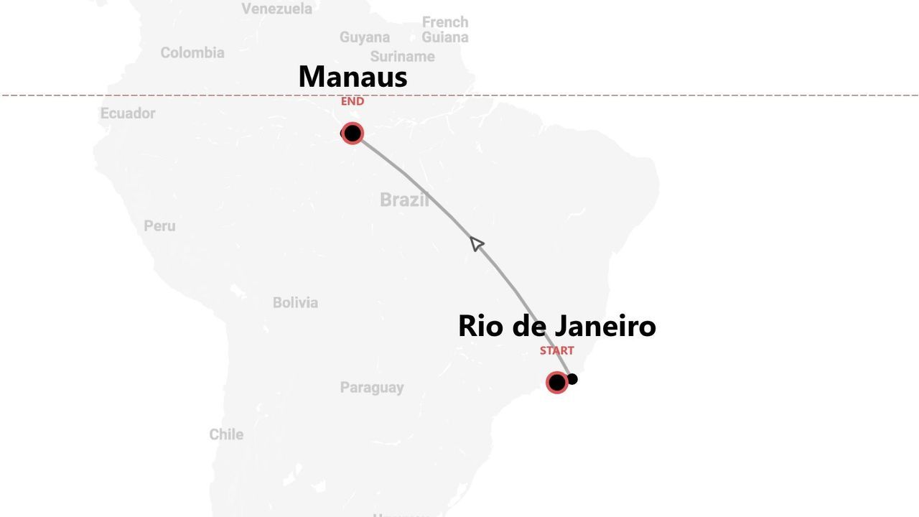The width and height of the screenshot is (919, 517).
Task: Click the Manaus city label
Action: click(353, 77)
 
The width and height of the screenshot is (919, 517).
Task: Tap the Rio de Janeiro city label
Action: click(556, 326)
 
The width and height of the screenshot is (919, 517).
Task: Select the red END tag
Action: click(353, 101)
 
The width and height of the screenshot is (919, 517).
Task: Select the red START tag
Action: click(557, 350)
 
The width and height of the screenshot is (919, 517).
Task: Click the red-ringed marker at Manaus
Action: click(353, 134)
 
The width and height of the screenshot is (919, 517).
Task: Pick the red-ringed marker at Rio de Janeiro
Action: click(557, 382)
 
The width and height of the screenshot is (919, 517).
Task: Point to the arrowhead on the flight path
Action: click(477, 244)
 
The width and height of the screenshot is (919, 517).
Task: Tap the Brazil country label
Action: click(404, 200)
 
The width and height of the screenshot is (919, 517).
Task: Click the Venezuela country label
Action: click(276, 9)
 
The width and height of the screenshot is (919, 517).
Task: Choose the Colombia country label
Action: click(192, 52)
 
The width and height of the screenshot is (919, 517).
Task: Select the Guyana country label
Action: click(365, 37)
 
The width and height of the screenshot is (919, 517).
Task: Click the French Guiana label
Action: click(445, 29)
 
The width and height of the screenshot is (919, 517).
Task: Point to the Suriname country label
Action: click(402, 56)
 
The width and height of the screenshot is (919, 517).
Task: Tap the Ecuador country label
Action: click(128, 113)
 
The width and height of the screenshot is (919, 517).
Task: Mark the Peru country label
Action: click(159, 225)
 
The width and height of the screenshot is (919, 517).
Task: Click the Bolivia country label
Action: click(295, 302)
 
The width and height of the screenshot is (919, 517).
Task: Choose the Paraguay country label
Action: click(372, 388)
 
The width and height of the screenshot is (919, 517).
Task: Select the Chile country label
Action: click(226, 434)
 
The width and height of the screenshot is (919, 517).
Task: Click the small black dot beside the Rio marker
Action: click(572, 379)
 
